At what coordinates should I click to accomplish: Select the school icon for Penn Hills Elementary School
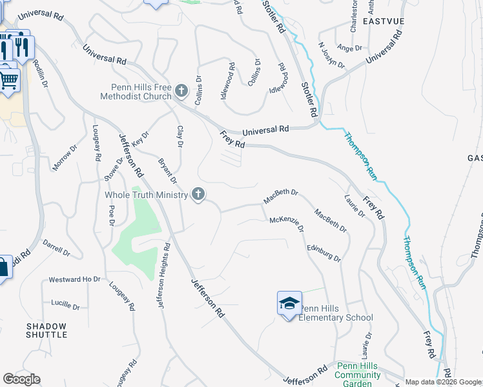pyautogui.click(x=289, y=303)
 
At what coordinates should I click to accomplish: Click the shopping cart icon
pyautogui.click(x=9, y=81)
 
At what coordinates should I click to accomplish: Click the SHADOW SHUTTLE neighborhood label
pyautogui.click(x=46, y=330)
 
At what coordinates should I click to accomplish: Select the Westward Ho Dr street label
pyautogui.click(x=75, y=280)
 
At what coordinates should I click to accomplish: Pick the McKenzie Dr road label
pyautogui.click(x=287, y=223)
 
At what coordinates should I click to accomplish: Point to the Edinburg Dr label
pyautogui.click(x=323, y=253)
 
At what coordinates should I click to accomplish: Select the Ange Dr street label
pyautogui.click(x=349, y=48)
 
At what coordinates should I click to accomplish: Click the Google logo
pyautogui.click(x=21, y=379)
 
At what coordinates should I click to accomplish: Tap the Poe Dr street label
pyautogui.click(x=111, y=216)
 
